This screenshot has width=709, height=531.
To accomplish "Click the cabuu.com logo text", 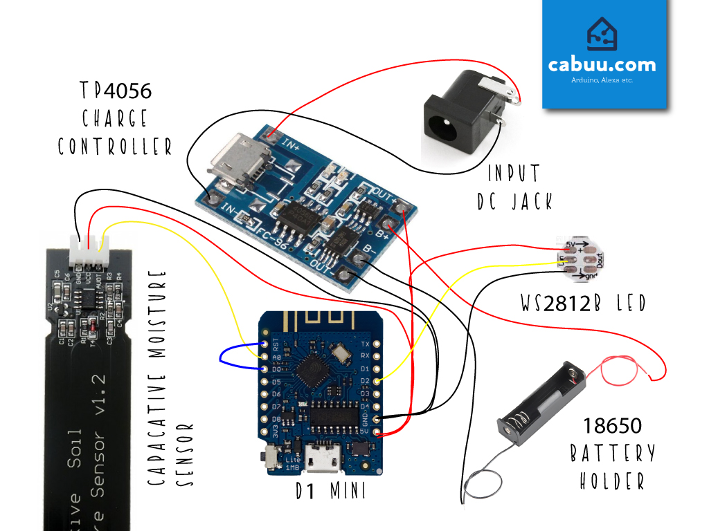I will tap(602, 65).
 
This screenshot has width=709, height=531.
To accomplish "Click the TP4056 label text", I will tap(115, 91).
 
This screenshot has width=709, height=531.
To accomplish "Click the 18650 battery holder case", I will tap(542, 405).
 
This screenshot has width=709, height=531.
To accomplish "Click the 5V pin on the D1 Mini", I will tap(377, 433).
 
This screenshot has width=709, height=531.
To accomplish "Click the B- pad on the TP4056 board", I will tap(359, 259).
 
